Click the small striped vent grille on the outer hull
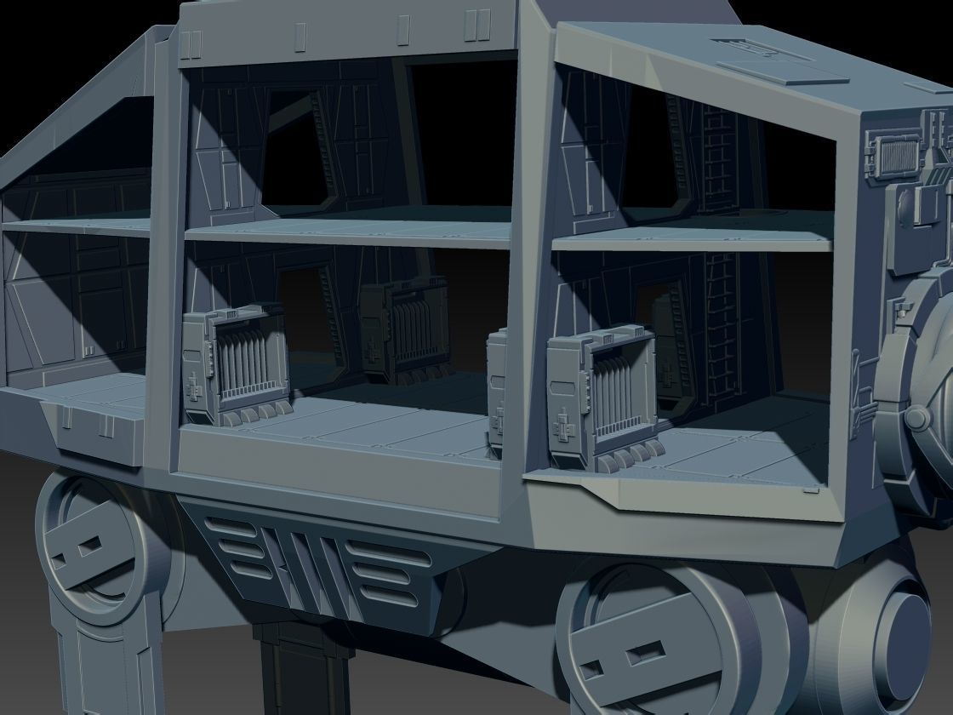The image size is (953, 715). (x=897, y=155)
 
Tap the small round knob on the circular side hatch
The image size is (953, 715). (x=917, y=418)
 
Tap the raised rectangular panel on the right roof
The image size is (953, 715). (x=783, y=72)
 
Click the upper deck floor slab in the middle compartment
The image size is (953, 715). (x=349, y=226)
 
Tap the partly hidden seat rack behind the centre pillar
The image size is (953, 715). (x=497, y=383)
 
